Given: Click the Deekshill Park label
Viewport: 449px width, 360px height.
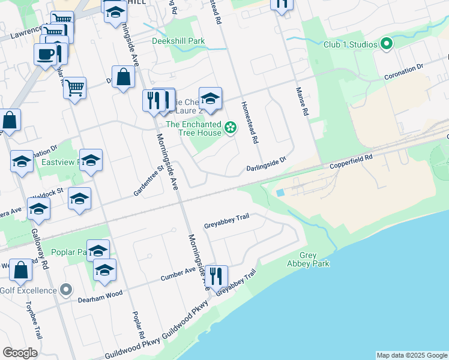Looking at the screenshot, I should click(x=178, y=41).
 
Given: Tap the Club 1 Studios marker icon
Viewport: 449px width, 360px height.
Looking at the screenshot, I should click(x=387, y=44).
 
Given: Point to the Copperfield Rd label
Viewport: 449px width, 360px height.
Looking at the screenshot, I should click(x=351, y=160).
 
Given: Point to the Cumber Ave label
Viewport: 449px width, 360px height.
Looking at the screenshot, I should click(x=178, y=275).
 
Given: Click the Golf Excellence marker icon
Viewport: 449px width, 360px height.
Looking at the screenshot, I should click(x=66, y=290).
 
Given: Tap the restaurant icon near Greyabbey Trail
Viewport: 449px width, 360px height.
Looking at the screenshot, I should click(x=215, y=276).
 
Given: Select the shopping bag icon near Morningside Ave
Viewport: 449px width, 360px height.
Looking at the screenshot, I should click(x=123, y=77).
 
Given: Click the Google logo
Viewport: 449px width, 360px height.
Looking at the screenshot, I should click(x=20, y=353).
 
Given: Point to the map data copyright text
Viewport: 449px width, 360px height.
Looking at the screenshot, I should click(x=412, y=355).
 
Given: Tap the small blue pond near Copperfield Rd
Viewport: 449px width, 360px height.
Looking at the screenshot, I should click(x=280, y=193).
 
